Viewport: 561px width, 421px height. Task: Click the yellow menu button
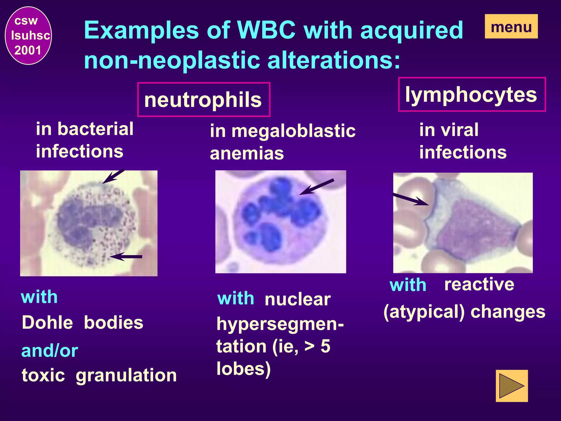(511, 27)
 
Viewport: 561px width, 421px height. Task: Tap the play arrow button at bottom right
(511, 386)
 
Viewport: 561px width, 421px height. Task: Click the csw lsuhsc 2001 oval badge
(28, 36)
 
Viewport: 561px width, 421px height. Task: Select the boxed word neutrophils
(204, 99)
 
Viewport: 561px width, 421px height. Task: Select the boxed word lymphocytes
(471, 95)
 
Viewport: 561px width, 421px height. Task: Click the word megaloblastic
(293, 131)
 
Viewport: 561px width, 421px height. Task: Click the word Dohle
(47, 322)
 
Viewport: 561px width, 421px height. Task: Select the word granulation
(126, 375)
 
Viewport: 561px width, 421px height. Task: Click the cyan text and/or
(50, 351)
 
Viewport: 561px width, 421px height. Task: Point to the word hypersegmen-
(280, 325)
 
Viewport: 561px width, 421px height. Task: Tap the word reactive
(479, 284)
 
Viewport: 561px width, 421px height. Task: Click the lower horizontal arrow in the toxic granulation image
(126, 257)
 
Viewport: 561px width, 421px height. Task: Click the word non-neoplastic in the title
(172, 60)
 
